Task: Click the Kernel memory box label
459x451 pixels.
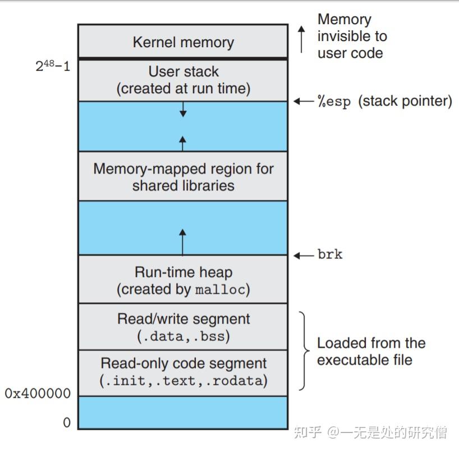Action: pos(183,42)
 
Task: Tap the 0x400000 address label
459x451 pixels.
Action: pos(38,394)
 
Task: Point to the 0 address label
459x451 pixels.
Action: pos(67,422)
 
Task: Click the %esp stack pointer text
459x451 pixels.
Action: pos(384,102)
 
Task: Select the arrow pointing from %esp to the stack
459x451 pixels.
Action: pos(304,102)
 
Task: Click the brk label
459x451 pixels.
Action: pos(329,254)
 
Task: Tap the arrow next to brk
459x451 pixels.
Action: pos(304,255)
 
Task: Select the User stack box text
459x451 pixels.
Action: pos(183,80)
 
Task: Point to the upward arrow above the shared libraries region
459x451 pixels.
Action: pos(182,143)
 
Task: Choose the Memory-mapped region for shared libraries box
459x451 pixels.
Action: pos(183,176)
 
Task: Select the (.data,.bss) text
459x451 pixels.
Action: pos(183,336)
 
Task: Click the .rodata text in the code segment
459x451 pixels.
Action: pos(238,381)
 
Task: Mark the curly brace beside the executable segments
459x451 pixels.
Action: pos(304,352)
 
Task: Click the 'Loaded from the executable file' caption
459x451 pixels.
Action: pos(371,352)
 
